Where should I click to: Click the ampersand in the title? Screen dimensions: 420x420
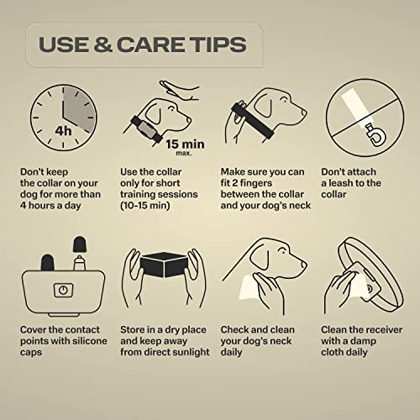click(103, 45)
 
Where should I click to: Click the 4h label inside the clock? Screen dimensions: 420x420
click(63, 131)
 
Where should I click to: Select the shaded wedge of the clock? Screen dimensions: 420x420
click(78, 108)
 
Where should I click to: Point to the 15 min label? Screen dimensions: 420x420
click(185, 144)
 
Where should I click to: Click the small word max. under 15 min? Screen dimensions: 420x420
click(184, 153)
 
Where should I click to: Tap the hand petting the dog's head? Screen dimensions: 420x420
click(179, 90)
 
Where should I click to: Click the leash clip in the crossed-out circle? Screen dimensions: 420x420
click(375, 136)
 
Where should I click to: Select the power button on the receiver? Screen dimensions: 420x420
click(63, 290)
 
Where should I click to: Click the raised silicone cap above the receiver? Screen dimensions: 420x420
click(80, 244)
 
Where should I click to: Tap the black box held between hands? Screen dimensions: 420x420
click(164, 265)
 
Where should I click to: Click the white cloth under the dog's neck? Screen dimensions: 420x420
click(250, 289)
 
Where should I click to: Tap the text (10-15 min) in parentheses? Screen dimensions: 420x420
click(145, 206)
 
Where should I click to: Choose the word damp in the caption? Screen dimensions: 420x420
click(362, 341)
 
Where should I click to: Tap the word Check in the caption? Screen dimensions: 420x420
click(234, 330)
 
